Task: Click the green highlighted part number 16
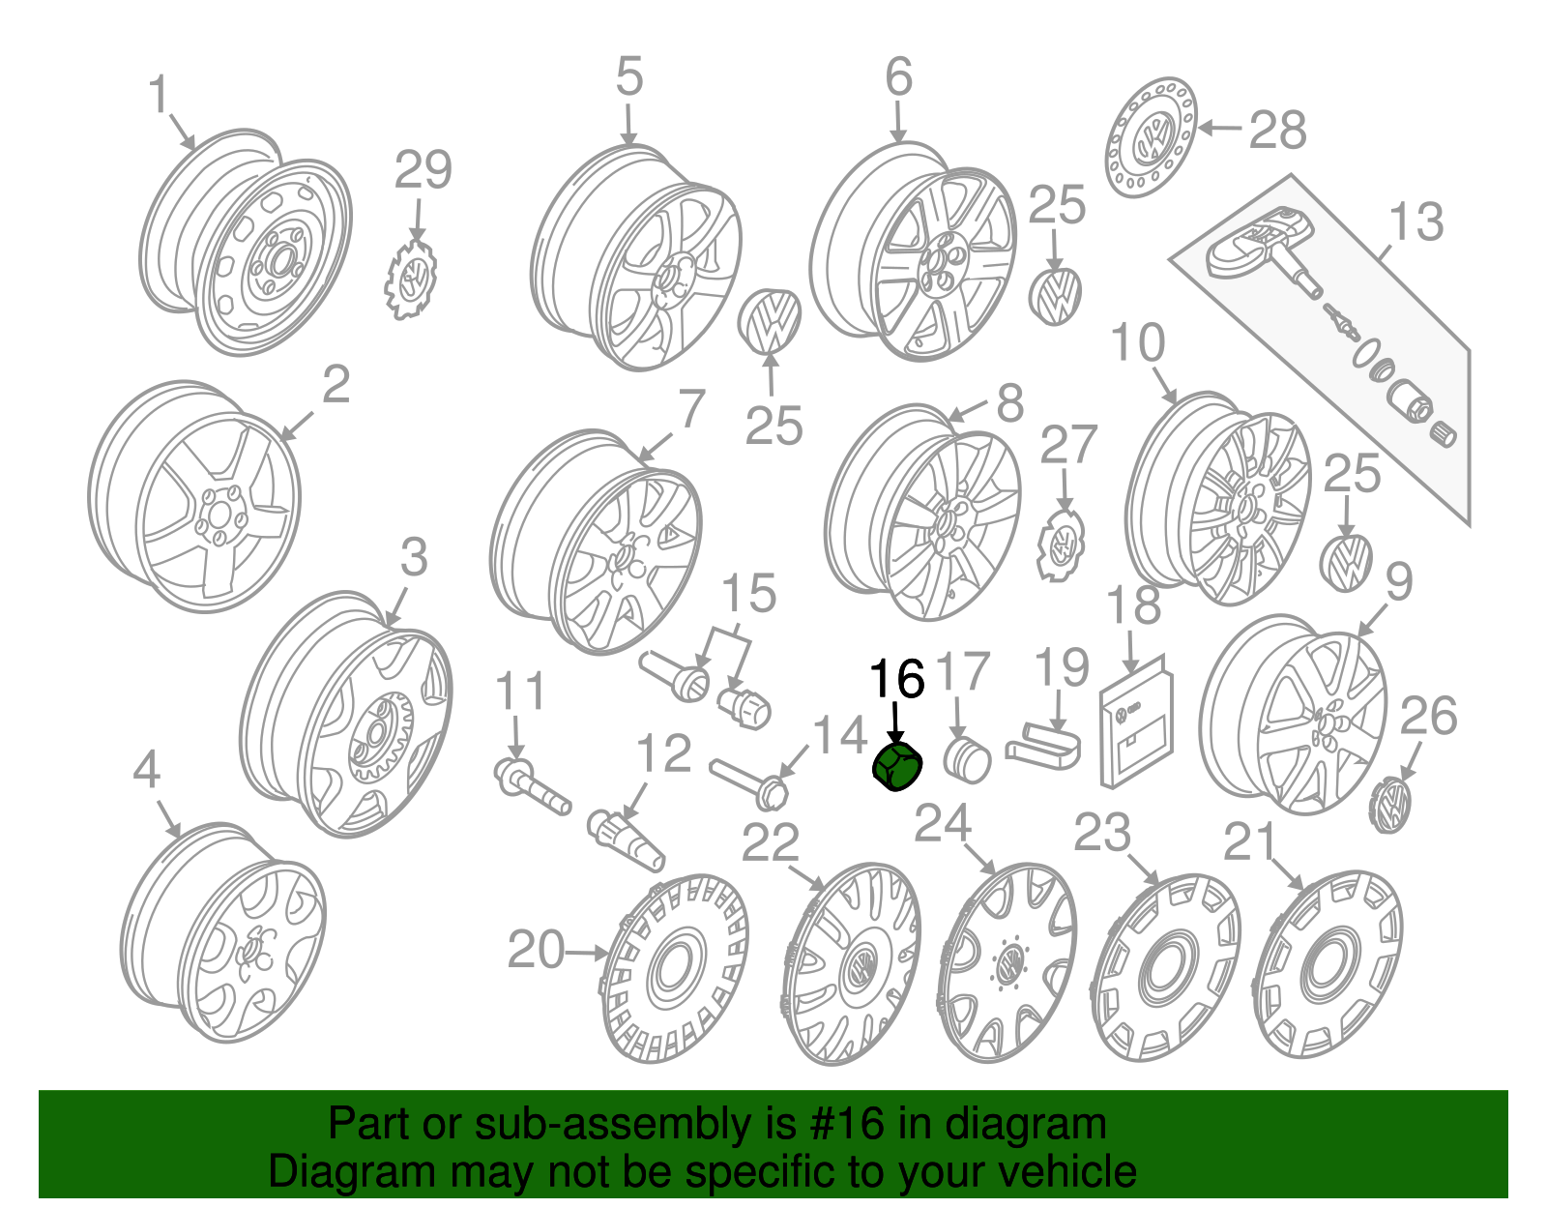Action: (x=898, y=767)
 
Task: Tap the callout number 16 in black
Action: (x=898, y=679)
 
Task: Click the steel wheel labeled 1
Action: (x=247, y=242)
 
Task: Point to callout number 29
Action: (x=423, y=171)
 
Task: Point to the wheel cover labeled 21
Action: (x=1328, y=967)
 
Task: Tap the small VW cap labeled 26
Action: (x=1390, y=804)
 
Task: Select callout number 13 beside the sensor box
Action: (x=1416, y=221)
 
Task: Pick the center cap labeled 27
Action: (x=1063, y=545)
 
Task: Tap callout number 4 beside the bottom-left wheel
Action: (x=146, y=771)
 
